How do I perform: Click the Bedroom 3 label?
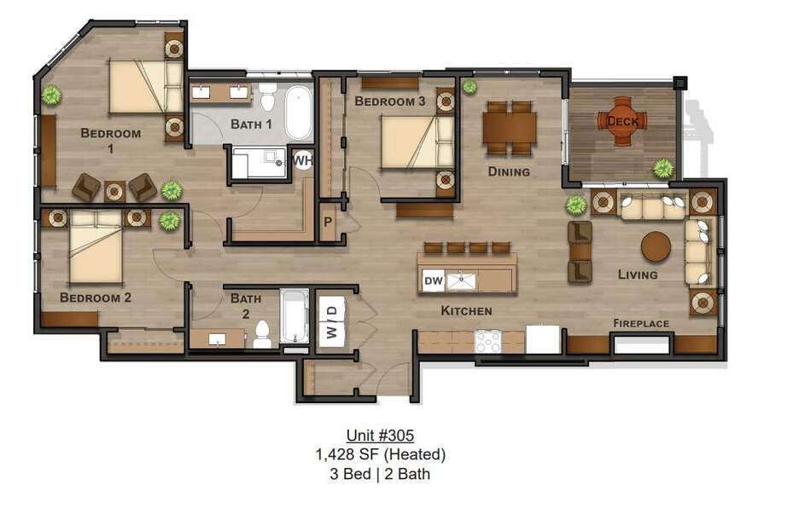pyautogui.click(x=389, y=101)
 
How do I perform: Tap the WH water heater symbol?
pyautogui.click(x=302, y=160)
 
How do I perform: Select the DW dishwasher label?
pyautogui.click(x=434, y=280)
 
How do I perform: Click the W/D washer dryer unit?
pyautogui.click(x=332, y=321)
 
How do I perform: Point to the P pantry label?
pyautogui.click(x=328, y=222)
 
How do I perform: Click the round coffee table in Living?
pyautogui.click(x=656, y=246)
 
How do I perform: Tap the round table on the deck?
pyautogui.click(x=622, y=121)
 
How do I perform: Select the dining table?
pyautogui.click(x=510, y=127)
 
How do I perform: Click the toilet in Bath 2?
pyautogui.click(x=262, y=334)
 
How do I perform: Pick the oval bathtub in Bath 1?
pyautogui.click(x=298, y=114)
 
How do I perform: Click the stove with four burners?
pyautogui.click(x=488, y=342)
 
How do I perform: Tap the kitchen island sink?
pyautogui.click(x=460, y=280)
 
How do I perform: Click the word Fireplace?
pyautogui.click(x=641, y=323)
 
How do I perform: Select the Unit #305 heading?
pyautogui.click(x=380, y=435)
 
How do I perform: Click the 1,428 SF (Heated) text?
pyautogui.click(x=381, y=454)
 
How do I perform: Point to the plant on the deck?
pyautogui.click(x=663, y=169)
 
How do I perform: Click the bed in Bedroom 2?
pyautogui.click(x=96, y=247)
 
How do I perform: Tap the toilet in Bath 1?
pyautogui.click(x=268, y=98)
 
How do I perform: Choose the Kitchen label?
pyautogui.click(x=466, y=310)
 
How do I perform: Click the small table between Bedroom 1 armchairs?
pyautogui.click(x=114, y=191)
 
